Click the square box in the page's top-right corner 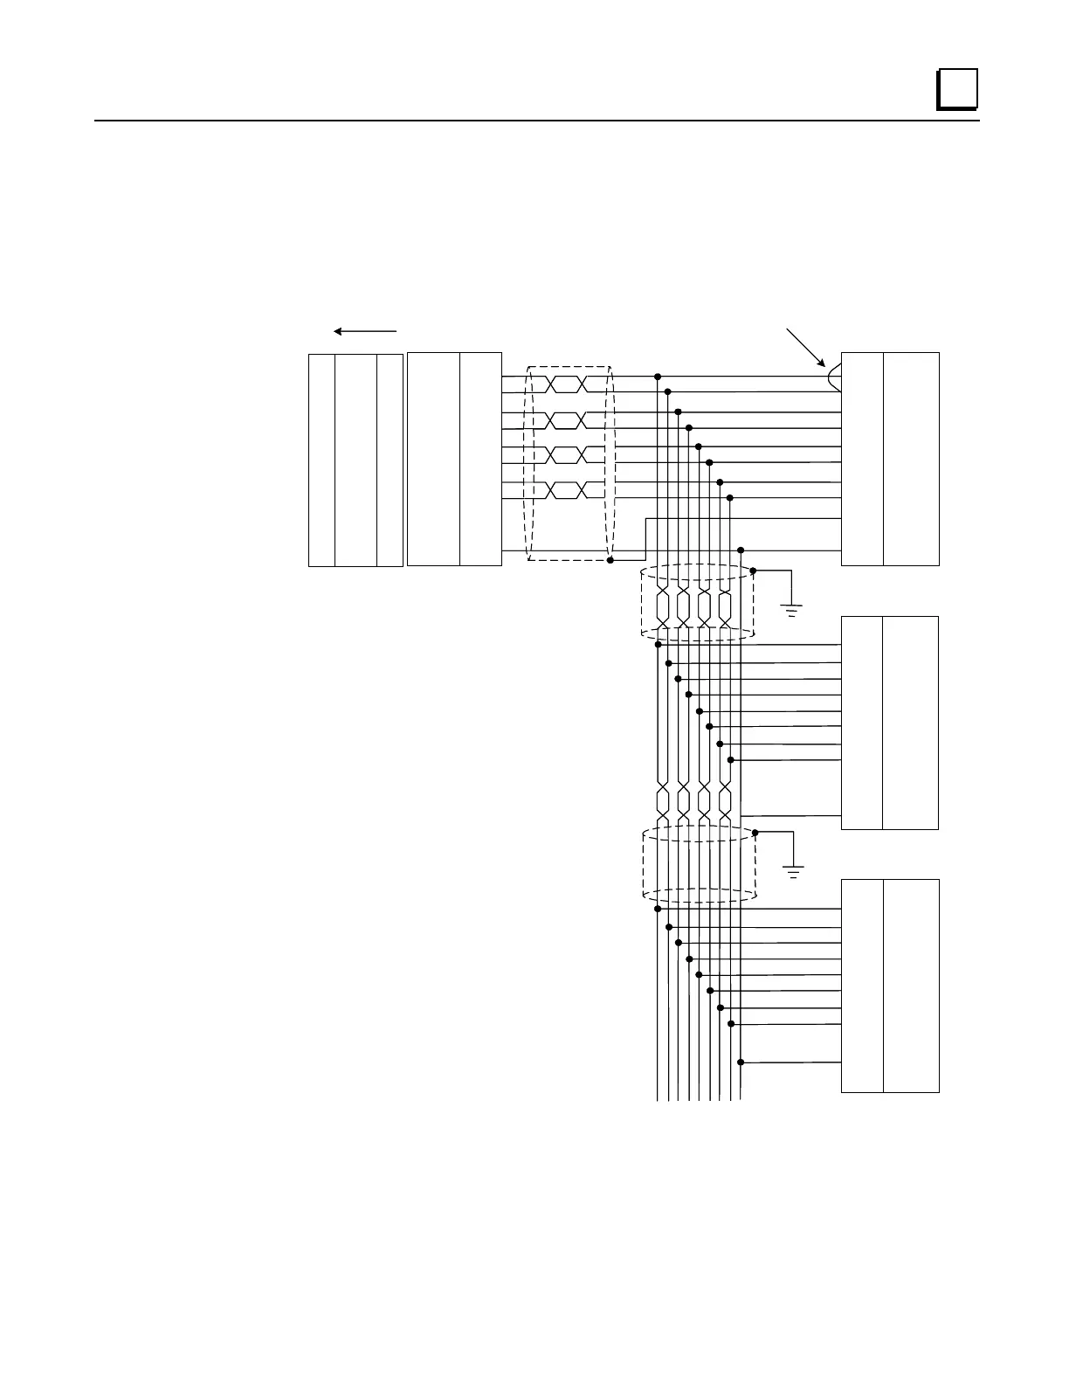pyautogui.click(x=956, y=89)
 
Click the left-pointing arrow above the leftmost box pyautogui.click(x=365, y=331)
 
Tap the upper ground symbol pyautogui.click(x=792, y=609)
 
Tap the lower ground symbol pyautogui.click(x=793, y=871)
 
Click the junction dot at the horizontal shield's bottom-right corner pyautogui.click(x=610, y=559)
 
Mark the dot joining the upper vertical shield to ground pyautogui.click(x=753, y=571)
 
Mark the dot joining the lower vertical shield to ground pyautogui.click(x=755, y=833)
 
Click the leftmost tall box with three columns pyautogui.click(x=355, y=460)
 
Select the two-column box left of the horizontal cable pyautogui.click(x=454, y=459)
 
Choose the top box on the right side pyautogui.click(x=890, y=459)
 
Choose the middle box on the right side pyautogui.click(x=889, y=723)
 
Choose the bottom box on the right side pyautogui.click(x=890, y=986)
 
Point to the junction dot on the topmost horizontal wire pyautogui.click(x=657, y=377)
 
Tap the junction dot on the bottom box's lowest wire pyautogui.click(x=741, y=1062)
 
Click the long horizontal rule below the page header pyautogui.click(x=536, y=121)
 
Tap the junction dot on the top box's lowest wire pyautogui.click(x=741, y=550)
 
